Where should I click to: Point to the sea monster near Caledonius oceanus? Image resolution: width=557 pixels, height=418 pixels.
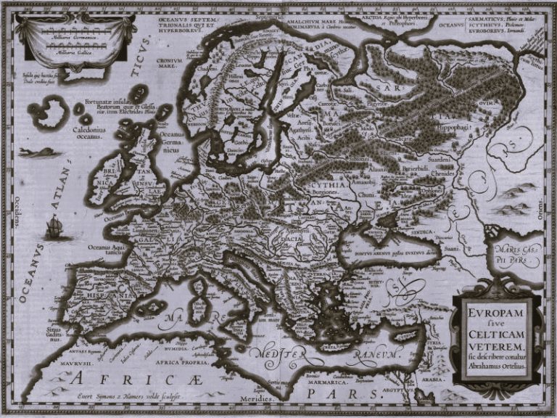41,152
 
